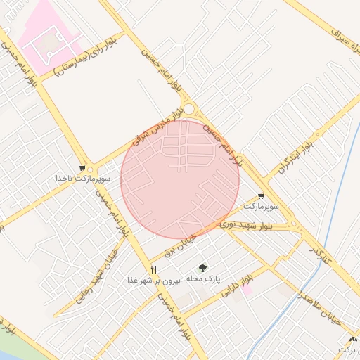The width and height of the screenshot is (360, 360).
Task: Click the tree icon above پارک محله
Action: point(203,267)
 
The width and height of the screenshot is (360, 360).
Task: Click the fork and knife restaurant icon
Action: point(153,269)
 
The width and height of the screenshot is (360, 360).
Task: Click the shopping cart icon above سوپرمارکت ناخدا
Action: point(83,168)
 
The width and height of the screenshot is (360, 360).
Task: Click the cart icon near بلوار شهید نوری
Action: point(261,196)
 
